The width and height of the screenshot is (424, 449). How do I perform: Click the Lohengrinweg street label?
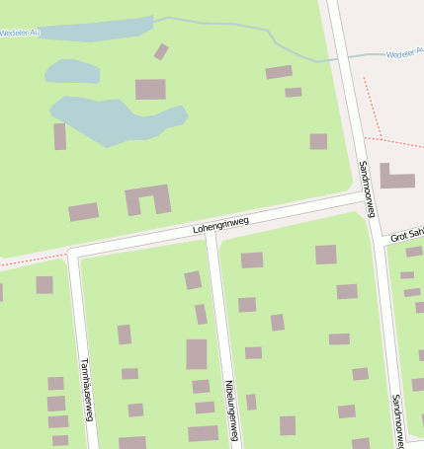click(220, 226)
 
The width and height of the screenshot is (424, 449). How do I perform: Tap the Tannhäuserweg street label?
click(86, 388)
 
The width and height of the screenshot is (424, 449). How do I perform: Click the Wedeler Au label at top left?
click(20, 33)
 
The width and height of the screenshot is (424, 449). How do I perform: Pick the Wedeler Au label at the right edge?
click(404, 53)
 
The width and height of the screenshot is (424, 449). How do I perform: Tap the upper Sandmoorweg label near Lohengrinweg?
click(368, 184)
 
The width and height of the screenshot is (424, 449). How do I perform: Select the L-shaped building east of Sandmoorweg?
click(395, 178)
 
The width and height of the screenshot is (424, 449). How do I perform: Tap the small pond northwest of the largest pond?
click(72, 71)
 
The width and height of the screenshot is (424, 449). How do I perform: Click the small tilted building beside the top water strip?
click(161, 51)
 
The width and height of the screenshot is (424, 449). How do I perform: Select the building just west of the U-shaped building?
click(83, 211)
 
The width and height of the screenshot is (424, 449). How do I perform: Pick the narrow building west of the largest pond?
click(60, 136)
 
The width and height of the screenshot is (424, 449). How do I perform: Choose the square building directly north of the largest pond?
click(150, 89)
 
